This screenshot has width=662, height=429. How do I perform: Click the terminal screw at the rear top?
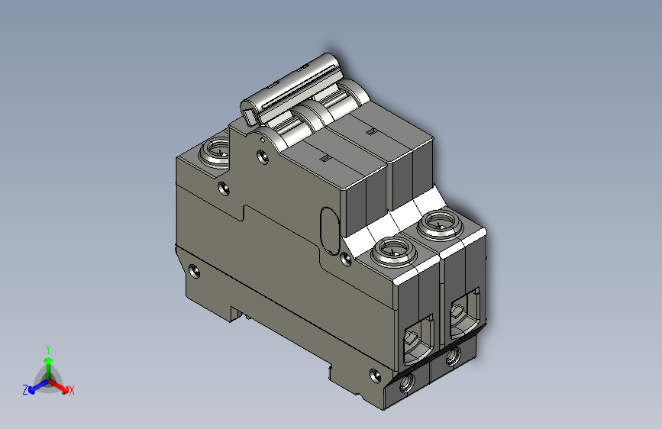[215, 152]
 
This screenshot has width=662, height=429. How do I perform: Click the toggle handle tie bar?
[292, 88]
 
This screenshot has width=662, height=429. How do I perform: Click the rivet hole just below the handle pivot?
[263, 156]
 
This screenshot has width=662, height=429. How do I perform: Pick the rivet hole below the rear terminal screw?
[224, 189]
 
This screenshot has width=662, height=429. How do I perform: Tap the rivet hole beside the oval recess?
[345, 259]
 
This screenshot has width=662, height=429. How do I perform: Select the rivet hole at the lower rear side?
[194, 270]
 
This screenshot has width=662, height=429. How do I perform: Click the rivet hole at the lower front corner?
[375, 375]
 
